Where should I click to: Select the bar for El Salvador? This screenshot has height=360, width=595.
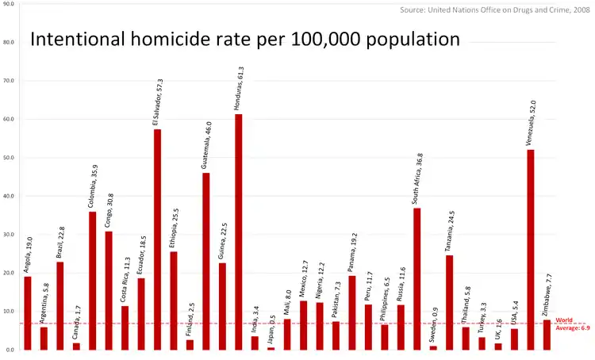[x=157, y=239]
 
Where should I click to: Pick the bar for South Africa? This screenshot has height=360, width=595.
[x=416, y=278]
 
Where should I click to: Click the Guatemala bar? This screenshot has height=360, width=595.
[x=206, y=261]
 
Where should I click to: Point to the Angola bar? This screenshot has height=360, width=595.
[x=28, y=312]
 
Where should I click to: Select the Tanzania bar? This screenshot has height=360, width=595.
[x=449, y=302]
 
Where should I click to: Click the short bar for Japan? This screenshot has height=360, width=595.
[x=271, y=348]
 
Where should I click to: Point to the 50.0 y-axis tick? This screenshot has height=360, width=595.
[x=9, y=158]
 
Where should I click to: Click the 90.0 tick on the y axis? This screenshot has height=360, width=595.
[x=9, y=4]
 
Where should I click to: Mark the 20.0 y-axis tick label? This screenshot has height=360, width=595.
[x=9, y=273]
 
